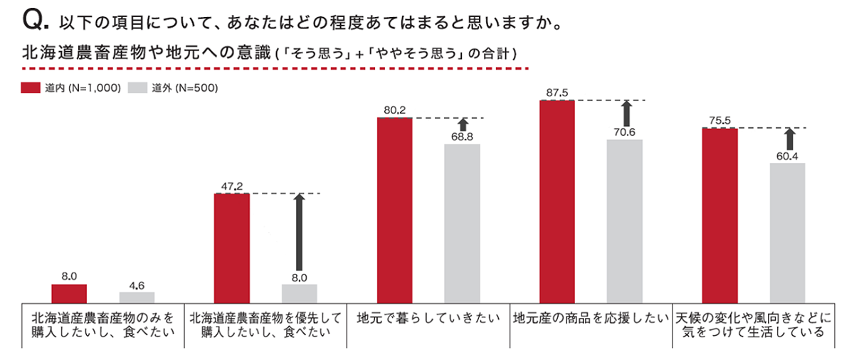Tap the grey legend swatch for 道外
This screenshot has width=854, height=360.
pyautogui.click(x=137, y=89)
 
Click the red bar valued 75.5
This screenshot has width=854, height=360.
pyautogui.click(x=719, y=216)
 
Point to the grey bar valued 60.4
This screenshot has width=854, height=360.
pyautogui.click(x=786, y=233)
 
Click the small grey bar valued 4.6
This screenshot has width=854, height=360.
pyautogui.click(x=137, y=297)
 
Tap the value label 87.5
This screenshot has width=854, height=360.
pyautogui.click(x=557, y=93)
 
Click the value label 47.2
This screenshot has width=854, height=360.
pyautogui.click(x=232, y=186)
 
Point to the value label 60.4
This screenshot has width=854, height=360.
pyautogui.click(x=786, y=156)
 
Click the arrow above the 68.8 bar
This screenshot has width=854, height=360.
pyautogui.click(x=462, y=126)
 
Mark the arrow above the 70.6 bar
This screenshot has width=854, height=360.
pyautogui.click(x=626, y=114)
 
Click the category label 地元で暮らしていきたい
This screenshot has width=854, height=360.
pyautogui.click(x=428, y=318)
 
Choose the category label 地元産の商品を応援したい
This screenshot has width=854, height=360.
pyautogui.click(x=591, y=318)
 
